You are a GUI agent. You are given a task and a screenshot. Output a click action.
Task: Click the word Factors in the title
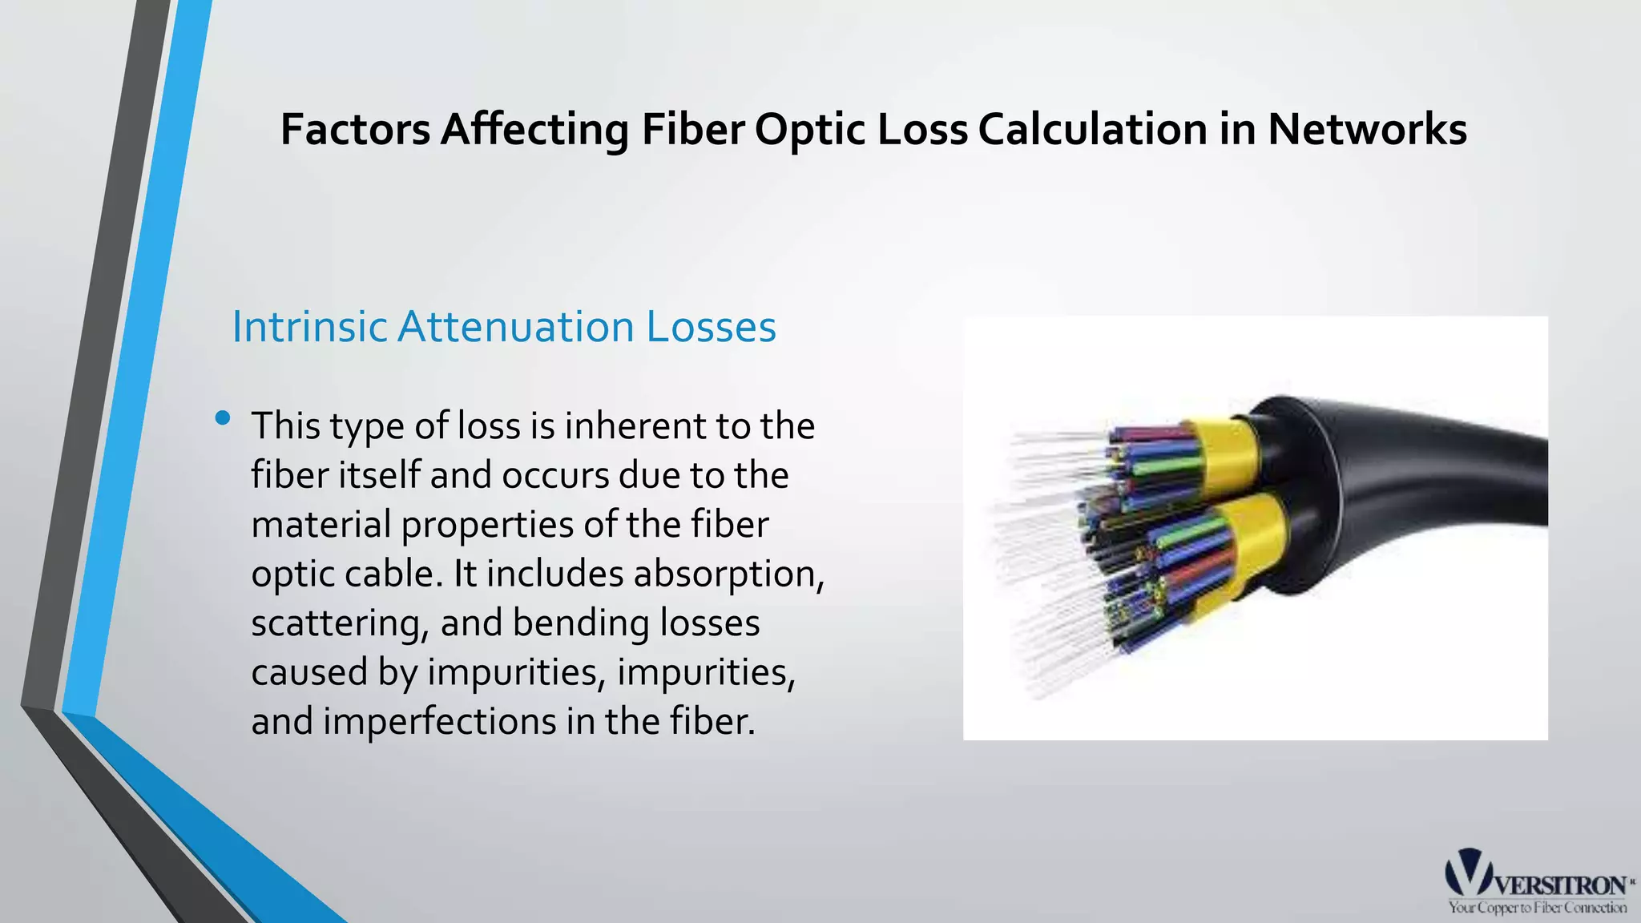(356, 129)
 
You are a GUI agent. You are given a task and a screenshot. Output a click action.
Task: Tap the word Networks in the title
(1367, 129)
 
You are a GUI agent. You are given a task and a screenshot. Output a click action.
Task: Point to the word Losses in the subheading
(712, 327)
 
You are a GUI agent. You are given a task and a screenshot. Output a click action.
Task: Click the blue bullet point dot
(223, 417)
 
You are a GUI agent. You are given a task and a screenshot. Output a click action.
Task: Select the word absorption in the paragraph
(728, 574)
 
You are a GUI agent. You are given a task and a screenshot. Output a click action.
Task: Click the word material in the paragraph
(321, 525)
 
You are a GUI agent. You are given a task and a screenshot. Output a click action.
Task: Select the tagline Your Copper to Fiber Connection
(1537, 908)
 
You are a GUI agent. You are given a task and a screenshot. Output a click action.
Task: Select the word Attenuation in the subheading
(516, 327)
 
